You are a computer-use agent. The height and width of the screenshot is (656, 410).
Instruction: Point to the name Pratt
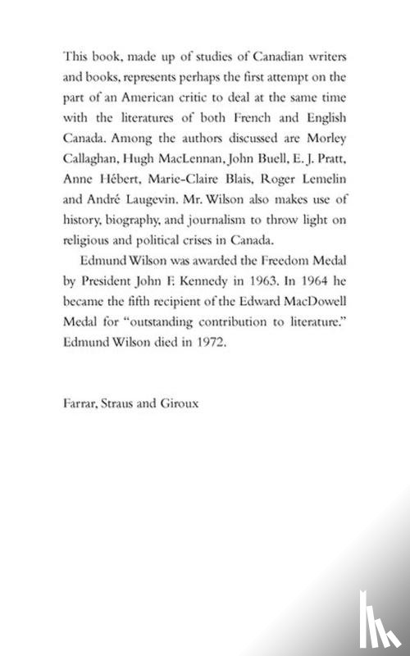pos(329,181)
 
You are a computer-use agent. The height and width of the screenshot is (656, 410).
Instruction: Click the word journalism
pos(218,243)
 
